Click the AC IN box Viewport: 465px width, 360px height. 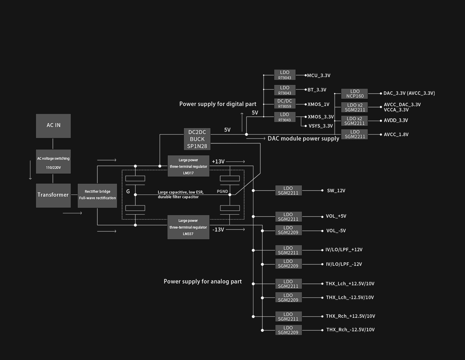(53, 126)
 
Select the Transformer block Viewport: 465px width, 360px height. (53, 195)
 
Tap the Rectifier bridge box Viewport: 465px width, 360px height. (97, 195)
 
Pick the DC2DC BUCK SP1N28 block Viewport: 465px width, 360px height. (197, 139)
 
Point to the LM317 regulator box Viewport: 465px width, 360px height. (188, 166)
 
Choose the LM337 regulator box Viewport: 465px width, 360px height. (188, 227)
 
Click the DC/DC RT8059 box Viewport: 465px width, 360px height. (284, 104)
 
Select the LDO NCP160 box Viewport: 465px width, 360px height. (354, 94)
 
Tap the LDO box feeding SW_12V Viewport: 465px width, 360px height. (288, 191)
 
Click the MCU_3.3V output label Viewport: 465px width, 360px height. (318, 75)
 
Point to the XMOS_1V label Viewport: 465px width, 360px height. (318, 105)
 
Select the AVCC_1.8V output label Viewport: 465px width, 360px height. (396, 135)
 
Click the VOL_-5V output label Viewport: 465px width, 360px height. (336, 231)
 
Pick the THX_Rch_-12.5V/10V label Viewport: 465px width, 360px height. (350, 330)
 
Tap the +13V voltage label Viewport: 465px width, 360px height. (218, 162)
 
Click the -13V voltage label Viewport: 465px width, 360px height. (218, 229)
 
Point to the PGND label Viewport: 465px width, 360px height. (222, 191)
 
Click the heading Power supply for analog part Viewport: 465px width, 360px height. (203, 282)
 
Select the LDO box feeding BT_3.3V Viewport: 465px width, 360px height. (284, 90)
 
